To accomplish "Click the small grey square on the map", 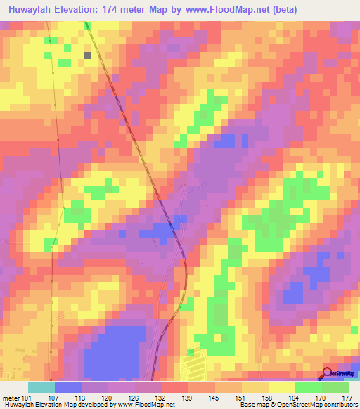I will [89, 54].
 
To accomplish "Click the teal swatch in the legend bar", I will [41, 387].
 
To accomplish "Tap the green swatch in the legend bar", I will [335, 387].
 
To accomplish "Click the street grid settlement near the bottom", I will [191, 365].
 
